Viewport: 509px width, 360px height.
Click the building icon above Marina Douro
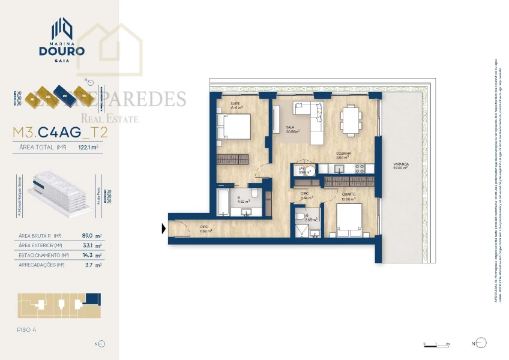(x=62, y=27)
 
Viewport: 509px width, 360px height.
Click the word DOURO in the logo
(x=62, y=51)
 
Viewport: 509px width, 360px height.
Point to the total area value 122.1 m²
(x=88, y=146)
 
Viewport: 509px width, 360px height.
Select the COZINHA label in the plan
(x=343, y=154)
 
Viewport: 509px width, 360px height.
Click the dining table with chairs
(x=350, y=118)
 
